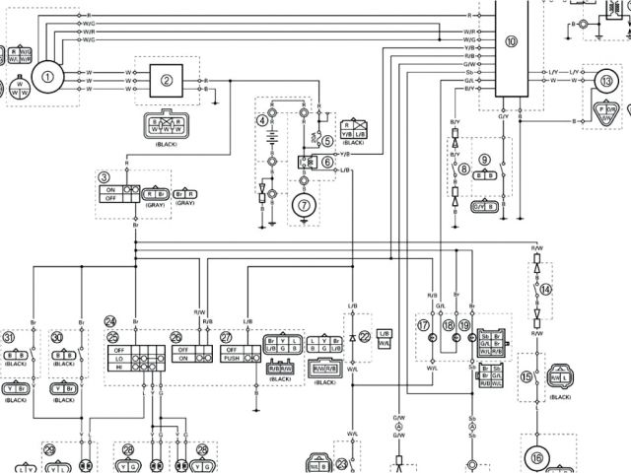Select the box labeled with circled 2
(168, 81)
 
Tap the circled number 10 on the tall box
(510, 42)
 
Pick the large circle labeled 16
(536, 457)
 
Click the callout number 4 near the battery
(263, 120)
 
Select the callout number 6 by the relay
(326, 161)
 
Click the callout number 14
(547, 289)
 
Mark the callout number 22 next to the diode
(365, 337)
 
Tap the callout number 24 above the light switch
(110, 321)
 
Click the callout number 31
(9, 336)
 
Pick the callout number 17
(424, 324)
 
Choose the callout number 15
(526, 376)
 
